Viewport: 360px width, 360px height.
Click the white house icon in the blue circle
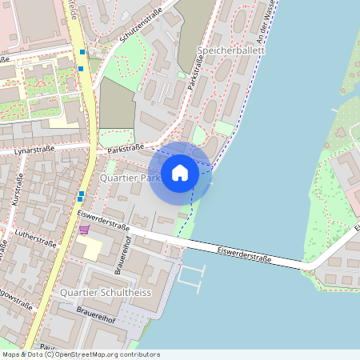[180, 173]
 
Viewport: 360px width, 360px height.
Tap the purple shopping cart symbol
[84, 230]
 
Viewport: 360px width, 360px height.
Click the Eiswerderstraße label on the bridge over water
[244, 255]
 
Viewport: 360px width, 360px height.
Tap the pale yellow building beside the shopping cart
[89, 249]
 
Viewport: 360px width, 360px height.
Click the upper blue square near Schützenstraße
[82, 52]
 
